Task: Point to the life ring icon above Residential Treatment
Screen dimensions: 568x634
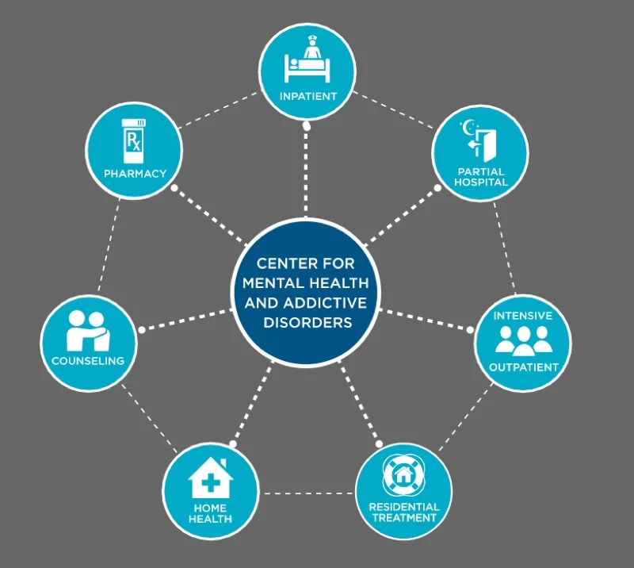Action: [x=403, y=475]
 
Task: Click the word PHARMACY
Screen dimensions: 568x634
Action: [x=134, y=173]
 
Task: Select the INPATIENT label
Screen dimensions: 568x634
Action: [x=308, y=96]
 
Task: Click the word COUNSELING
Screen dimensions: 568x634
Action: [x=88, y=361]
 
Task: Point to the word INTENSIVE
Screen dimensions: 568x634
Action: [x=523, y=315]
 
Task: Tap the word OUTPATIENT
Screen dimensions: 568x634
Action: [x=523, y=367]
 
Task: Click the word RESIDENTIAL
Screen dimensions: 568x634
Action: [x=403, y=506]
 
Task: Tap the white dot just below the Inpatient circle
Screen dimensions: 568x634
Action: [x=307, y=125]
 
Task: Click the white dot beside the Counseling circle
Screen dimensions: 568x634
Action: [x=141, y=328]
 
